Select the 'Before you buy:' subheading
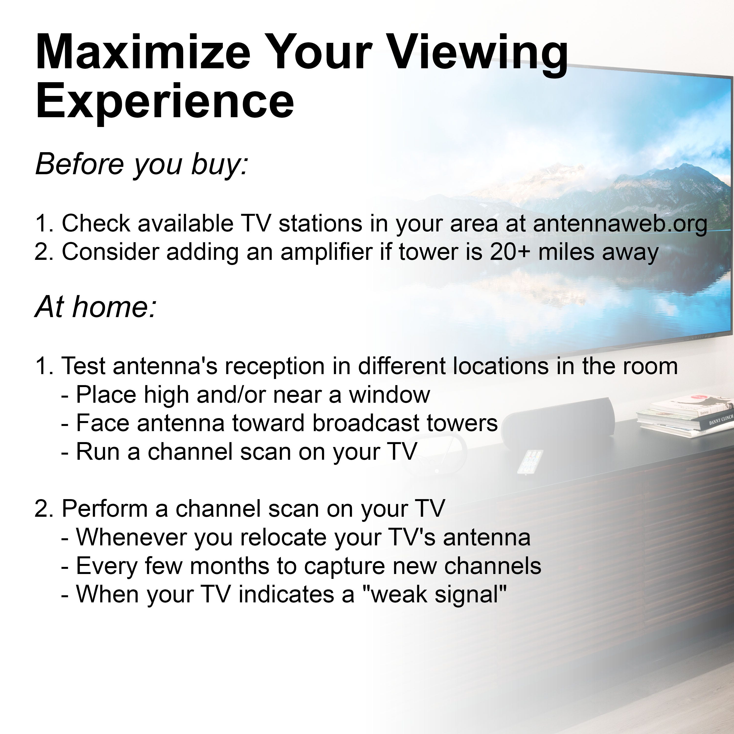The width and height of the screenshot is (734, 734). tap(141, 164)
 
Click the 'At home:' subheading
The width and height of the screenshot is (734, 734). tap(96, 307)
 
